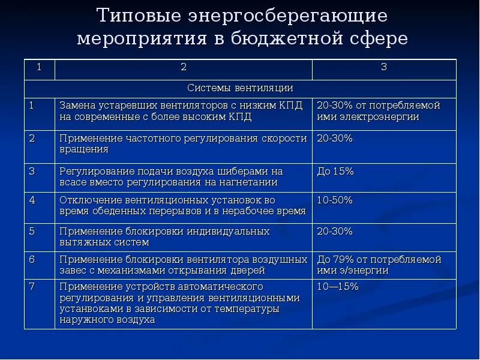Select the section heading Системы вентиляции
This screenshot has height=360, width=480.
tap(240, 88)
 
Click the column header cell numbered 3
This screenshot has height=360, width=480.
tap(384, 67)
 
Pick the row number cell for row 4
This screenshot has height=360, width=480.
tap(32, 199)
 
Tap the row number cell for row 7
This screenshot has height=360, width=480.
tap(32, 287)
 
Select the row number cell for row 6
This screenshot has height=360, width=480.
tap(32, 259)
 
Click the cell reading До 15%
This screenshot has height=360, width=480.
tap(335, 172)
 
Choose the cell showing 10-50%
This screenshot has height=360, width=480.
tap(335, 199)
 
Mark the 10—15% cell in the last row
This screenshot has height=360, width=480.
tap(338, 287)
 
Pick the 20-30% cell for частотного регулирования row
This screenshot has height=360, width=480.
tap(335, 138)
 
